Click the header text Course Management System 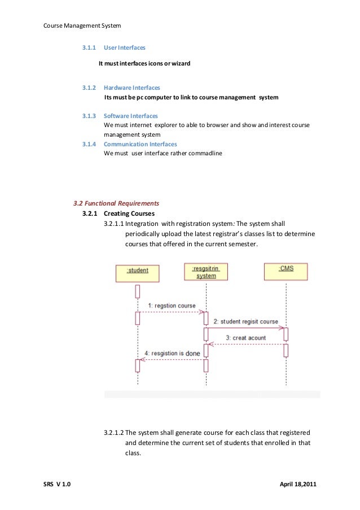coord(82,25)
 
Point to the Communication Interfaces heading coord(141,144)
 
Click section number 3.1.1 coord(89,48)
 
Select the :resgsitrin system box coord(205,272)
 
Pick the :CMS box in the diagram coord(286,271)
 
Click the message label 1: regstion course coord(172,306)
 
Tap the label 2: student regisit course coord(245,321)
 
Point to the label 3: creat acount coord(246,338)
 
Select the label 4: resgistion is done coord(172,354)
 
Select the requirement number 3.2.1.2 coord(113,433)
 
